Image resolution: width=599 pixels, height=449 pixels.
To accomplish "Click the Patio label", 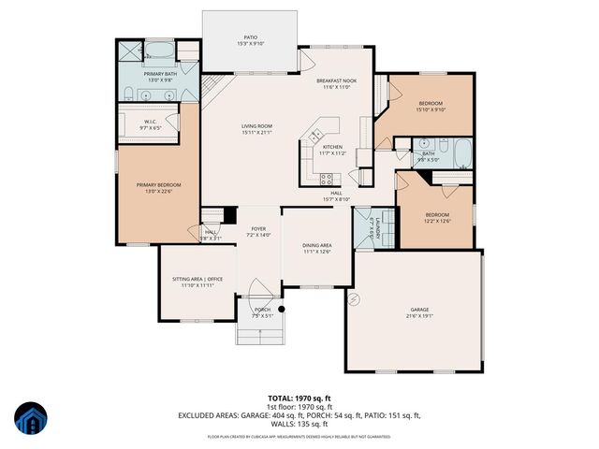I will [250, 36].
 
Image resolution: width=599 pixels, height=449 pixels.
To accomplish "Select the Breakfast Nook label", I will [336, 81].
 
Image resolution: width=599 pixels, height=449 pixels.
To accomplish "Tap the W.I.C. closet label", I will [150, 122].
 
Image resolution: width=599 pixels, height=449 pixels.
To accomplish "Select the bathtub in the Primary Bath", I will [155, 51].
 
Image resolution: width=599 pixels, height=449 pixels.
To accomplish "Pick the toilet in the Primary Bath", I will [187, 68].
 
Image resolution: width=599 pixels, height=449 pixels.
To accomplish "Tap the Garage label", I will [419, 310].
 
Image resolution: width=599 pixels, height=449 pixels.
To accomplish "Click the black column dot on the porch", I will [279, 308].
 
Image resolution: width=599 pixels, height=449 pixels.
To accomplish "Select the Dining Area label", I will [316, 246].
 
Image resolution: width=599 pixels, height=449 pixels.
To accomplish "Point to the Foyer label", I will [258, 228].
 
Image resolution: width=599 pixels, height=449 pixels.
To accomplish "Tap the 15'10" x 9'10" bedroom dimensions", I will [431, 109].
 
